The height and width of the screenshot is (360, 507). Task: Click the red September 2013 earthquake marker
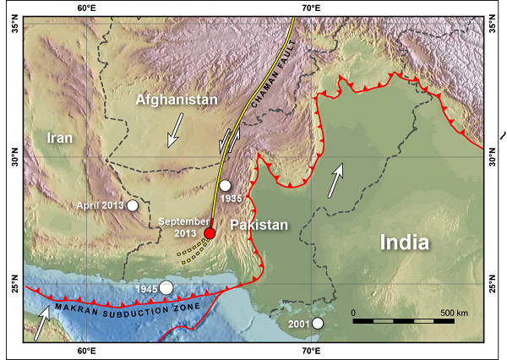[x=210, y=233]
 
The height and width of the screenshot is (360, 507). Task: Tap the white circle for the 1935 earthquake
[x=225, y=186]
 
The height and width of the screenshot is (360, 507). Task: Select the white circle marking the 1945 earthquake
[x=166, y=288]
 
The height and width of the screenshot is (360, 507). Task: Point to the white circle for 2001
[x=317, y=323]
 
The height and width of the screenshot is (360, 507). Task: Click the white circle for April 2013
[x=133, y=205]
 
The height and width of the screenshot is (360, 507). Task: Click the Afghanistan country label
[x=177, y=100]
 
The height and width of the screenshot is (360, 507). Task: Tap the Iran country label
[x=60, y=138]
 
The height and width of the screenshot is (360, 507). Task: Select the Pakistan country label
[x=260, y=226]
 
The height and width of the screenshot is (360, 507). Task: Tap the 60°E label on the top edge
[x=84, y=8]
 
